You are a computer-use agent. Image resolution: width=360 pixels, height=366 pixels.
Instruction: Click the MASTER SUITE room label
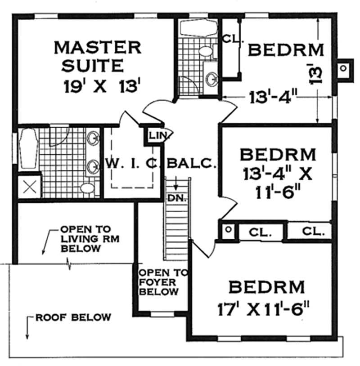click(x=97, y=56)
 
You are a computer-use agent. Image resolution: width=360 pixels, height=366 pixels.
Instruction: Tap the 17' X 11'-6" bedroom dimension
click(x=264, y=310)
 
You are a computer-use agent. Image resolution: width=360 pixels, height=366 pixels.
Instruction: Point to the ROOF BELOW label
click(x=73, y=317)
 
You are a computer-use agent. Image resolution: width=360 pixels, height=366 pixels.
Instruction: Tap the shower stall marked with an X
click(x=29, y=187)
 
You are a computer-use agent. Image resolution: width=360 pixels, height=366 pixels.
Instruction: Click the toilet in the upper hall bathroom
click(x=205, y=51)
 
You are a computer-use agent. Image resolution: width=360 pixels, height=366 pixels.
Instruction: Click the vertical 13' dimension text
click(x=316, y=74)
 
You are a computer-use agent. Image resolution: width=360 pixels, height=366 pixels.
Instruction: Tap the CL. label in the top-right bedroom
click(x=233, y=39)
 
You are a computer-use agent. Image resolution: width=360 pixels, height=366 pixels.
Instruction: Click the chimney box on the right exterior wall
click(x=344, y=69)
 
